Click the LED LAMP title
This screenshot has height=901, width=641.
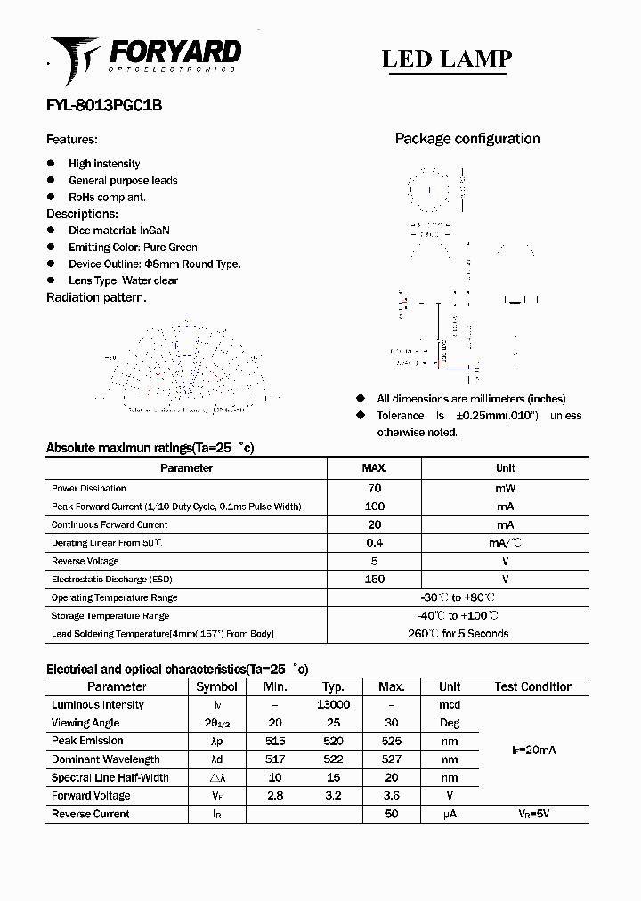tap(446, 59)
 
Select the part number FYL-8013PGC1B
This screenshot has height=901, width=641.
tap(103, 105)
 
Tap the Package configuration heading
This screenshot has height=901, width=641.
tap(467, 139)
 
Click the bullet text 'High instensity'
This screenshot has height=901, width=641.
tap(104, 164)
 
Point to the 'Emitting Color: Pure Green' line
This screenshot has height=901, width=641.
tap(133, 248)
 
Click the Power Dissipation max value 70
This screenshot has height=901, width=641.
tap(374, 488)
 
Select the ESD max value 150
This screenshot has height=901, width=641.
tap(374, 580)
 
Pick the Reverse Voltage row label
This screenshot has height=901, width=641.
tap(85, 561)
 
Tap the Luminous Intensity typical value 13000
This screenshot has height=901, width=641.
tap(333, 704)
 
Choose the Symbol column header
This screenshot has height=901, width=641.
tap(216, 686)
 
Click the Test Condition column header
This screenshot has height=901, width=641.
tap(533, 686)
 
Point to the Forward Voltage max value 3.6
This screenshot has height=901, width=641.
tap(391, 796)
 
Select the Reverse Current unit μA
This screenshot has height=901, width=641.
tap(450, 814)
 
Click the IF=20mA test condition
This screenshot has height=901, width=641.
tap(533, 751)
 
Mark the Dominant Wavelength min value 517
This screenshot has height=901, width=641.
tap(275, 759)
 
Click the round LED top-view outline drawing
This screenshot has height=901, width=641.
tap(429, 191)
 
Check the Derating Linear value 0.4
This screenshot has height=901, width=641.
tap(374, 543)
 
